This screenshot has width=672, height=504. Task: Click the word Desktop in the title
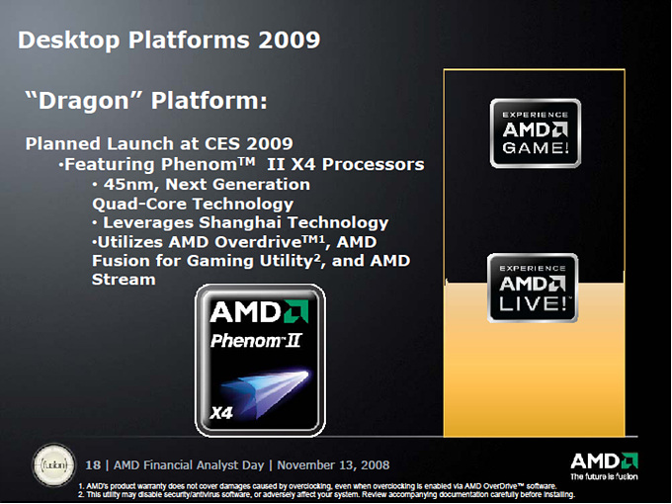pyautogui.click(x=69, y=41)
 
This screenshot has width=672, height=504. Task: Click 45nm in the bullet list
pyautogui.click(x=130, y=184)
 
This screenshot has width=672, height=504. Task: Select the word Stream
pyautogui.click(x=124, y=280)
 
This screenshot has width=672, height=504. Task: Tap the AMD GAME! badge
pyautogui.click(x=536, y=133)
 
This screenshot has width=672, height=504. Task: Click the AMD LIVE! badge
pyautogui.click(x=533, y=288)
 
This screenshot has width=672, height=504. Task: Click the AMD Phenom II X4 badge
pyautogui.click(x=260, y=360)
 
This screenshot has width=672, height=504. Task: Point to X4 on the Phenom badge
pyautogui.click(x=221, y=413)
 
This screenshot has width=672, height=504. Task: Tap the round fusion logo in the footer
pyautogui.click(x=54, y=464)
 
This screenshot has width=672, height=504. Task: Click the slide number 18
pyautogui.click(x=93, y=465)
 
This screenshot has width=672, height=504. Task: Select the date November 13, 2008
pyautogui.click(x=333, y=465)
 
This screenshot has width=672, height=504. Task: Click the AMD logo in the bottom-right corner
pyautogui.click(x=604, y=462)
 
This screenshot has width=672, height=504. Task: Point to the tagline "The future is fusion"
pyautogui.click(x=604, y=476)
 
